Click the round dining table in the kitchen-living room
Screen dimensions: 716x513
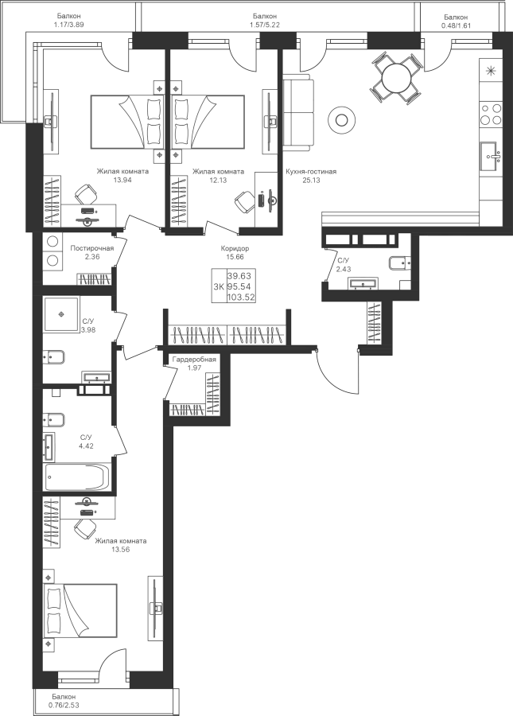395,78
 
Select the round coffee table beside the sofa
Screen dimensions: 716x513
342,120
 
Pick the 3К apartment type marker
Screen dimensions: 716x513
218,286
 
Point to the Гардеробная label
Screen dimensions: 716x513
194,360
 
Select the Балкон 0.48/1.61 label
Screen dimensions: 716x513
457,21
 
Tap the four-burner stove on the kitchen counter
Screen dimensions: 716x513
491,113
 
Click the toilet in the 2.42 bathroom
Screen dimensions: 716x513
398,263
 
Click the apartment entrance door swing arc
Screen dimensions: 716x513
338,374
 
